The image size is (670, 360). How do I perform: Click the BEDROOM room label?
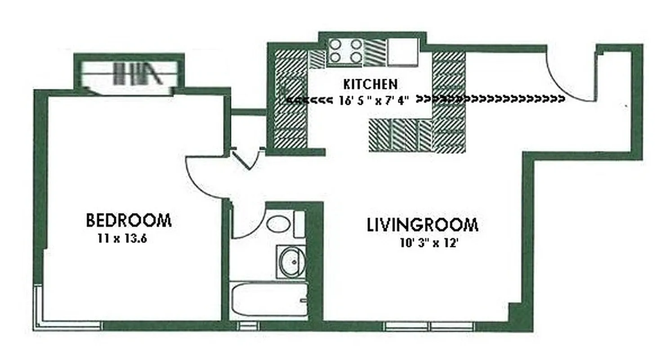click(x=129, y=221)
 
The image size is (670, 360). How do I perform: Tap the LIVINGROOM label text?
click(x=422, y=225)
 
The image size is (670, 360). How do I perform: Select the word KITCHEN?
click(x=370, y=84)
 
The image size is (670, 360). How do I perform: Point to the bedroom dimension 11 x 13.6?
click(x=123, y=239)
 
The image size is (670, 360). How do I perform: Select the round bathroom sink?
click(x=291, y=261)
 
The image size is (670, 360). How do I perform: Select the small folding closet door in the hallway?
click(x=246, y=160)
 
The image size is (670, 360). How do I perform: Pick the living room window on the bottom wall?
click(x=429, y=326)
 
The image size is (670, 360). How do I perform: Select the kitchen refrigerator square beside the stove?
click(x=402, y=52)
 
